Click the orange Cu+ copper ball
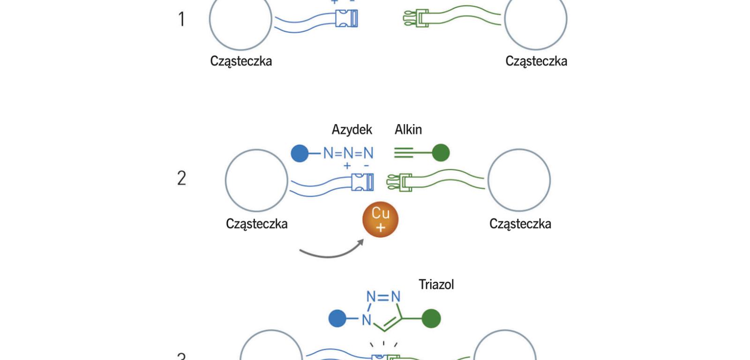click(x=380, y=219)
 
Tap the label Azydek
click(x=352, y=129)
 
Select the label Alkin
click(x=408, y=129)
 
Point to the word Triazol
click(x=436, y=285)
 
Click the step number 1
click(x=181, y=20)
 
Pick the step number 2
click(x=181, y=178)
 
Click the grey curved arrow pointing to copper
click(x=331, y=250)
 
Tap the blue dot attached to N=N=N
click(x=300, y=153)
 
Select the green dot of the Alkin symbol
click(x=440, y=153)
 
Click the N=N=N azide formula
click(x=348, y=153)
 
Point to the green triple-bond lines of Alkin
click(x=404, y=153)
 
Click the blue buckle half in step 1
click(x=347, y=18)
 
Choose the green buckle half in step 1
click(x=416, y=18)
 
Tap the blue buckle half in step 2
click(x=363, y=182)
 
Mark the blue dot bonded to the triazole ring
click(x=337, y=318)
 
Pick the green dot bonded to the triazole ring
click(x=431, y=318)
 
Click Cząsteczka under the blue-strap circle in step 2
click(x=256, y=224)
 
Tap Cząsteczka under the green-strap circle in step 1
click(x=536, y=61)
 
